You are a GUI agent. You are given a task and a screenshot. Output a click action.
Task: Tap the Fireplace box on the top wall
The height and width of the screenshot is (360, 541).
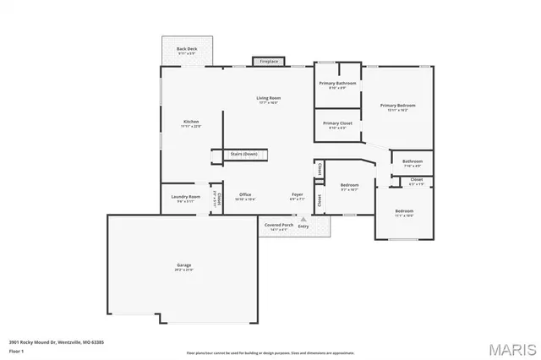tap(269, 62)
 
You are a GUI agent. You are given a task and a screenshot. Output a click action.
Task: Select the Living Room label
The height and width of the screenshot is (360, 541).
tap(269, 99)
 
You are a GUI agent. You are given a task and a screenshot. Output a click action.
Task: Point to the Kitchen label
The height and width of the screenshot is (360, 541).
tap(191, 123)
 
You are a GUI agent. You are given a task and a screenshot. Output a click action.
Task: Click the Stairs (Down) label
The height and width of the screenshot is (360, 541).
tap(244, 154)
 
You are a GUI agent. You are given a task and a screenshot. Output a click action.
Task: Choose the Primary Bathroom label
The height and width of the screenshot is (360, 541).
tap(337, 84)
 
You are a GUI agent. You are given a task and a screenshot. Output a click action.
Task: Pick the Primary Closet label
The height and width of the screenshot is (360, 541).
tap(337, 123)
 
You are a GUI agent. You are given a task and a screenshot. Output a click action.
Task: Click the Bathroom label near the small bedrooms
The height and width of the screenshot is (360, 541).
tap(413, 161)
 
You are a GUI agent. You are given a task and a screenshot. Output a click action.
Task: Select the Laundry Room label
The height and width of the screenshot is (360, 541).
tap(185, 197)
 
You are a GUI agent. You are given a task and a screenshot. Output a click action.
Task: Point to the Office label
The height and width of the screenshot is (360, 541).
tap(244, 194)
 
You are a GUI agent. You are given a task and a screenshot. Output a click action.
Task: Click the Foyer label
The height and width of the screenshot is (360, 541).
tap(298, 194)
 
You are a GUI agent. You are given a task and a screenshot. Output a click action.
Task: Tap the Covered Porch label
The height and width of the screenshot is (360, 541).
tap(278, 226)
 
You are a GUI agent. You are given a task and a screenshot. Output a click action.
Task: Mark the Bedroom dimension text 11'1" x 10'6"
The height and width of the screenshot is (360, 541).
tap(404, 215)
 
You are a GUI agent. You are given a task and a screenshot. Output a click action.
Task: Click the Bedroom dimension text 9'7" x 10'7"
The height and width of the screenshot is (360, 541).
tap(350, 189)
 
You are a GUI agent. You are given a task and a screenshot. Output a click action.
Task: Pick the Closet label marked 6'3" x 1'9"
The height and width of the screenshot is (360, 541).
tap(417, 183)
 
